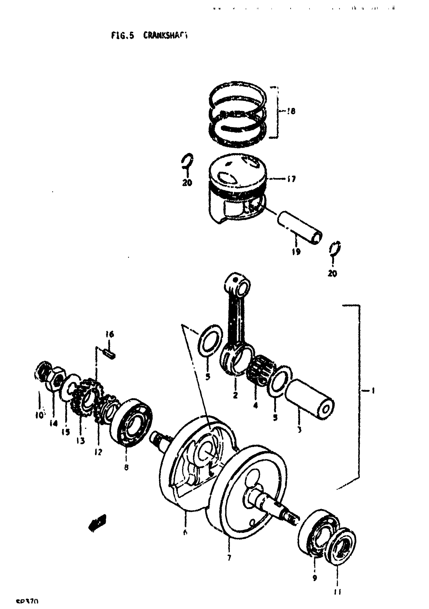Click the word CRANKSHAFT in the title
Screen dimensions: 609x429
(x=165, y=35)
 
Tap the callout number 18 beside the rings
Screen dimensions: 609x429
(x=291, y=111)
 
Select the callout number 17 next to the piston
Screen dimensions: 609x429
(x=291, y=179)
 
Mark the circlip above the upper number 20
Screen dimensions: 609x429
(x=188, y=161)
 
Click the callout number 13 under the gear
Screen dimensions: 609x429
(x=81, y=441)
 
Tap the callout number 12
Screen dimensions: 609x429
(x=98, y=452)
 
